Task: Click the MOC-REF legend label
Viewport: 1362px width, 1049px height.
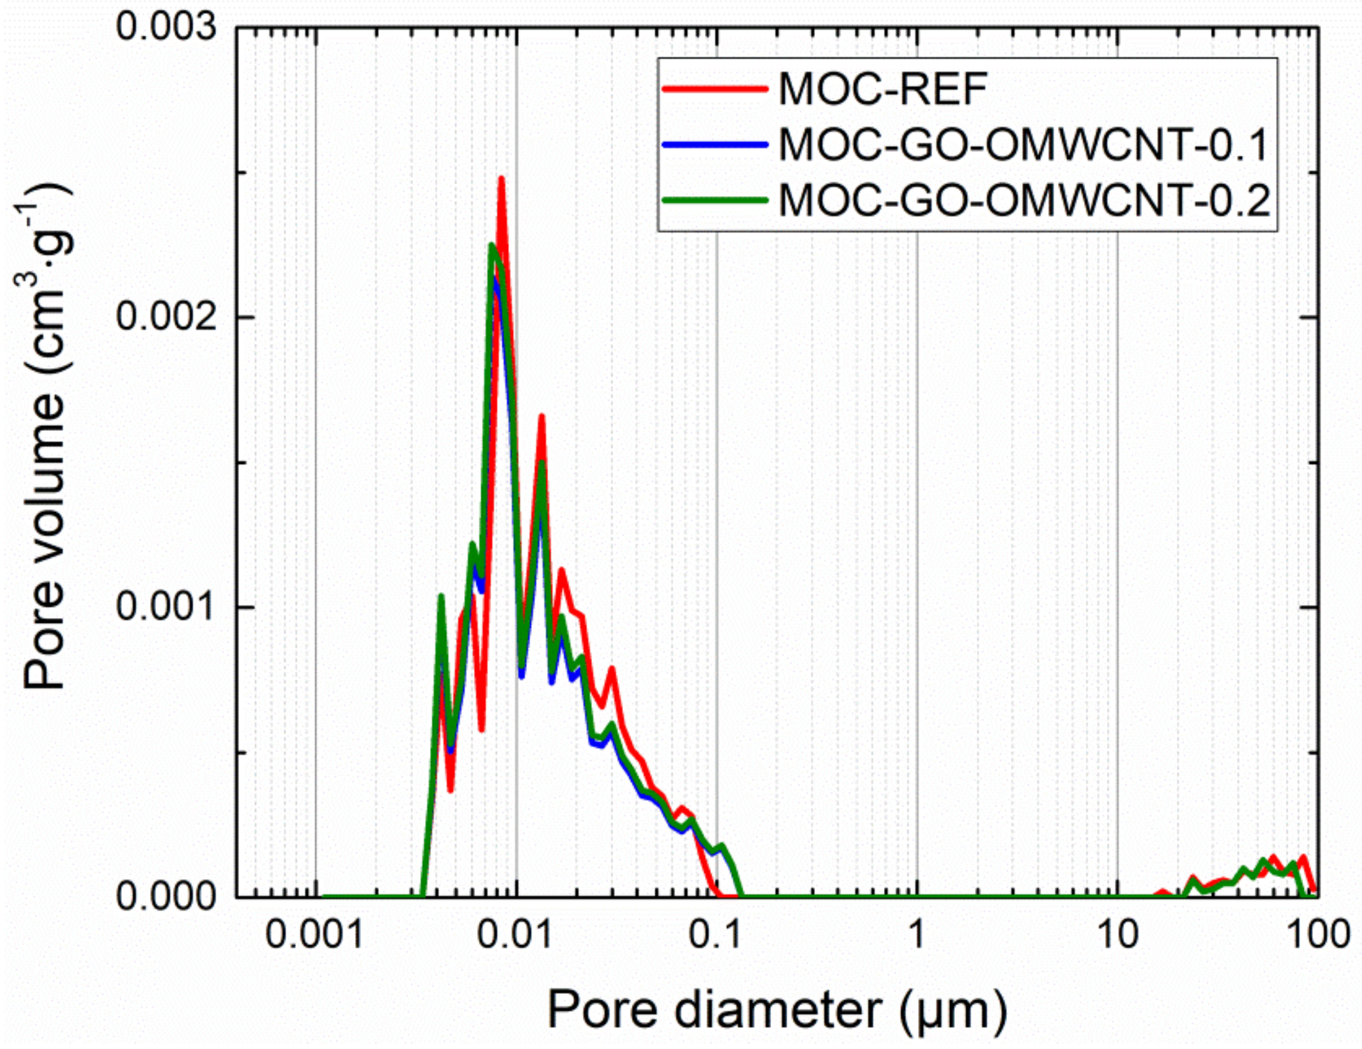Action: tap(883, 90)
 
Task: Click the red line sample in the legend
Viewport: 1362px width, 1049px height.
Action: tap(715, 89)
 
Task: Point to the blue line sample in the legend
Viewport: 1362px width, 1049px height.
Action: tap(715, 145)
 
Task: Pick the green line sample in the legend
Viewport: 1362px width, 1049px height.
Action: tap(715, 200)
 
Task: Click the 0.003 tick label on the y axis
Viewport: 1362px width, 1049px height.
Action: tap(166, 28)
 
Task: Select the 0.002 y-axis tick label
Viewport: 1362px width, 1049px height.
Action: tap(166, 317)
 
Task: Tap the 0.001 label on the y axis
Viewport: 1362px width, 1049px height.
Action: tap(166, 607)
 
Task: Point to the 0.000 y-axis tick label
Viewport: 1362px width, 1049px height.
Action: tap(166, 898)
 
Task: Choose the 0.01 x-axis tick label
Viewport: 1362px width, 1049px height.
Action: tap(516, 936)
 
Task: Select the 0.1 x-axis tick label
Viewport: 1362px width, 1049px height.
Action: tap(716, 936)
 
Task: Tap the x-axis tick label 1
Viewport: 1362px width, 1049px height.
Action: tap(917, 936)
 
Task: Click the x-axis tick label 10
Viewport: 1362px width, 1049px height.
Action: tap(1116, 936)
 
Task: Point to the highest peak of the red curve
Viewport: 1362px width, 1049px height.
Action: tap(501, 179)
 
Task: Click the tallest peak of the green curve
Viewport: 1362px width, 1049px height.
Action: tap(491, 245)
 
